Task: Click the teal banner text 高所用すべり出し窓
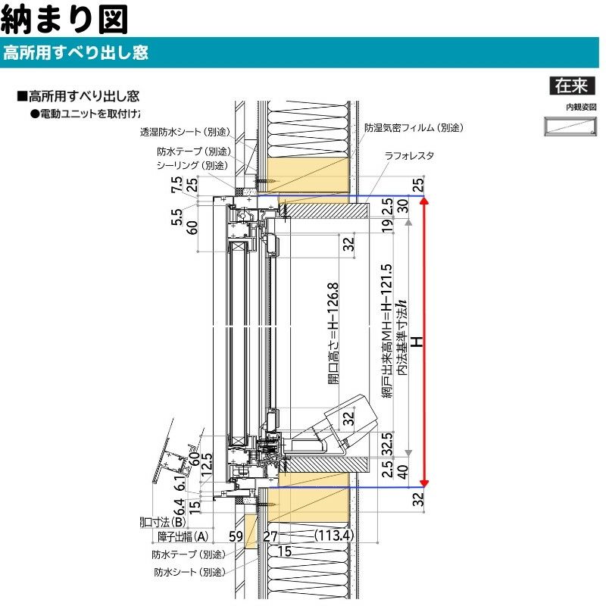point(76,53)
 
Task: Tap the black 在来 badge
point(570,86)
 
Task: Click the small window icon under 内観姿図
point(570,127)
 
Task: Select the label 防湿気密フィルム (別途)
point(413,128)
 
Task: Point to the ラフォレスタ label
point(408,155)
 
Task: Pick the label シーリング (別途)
point(191,165)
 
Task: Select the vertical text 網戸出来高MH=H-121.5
point(387,333)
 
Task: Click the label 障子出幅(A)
point(183,536)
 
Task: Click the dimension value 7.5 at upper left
point(176,185)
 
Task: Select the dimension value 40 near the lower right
point(403,472)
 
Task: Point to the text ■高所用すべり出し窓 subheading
point(78,97)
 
